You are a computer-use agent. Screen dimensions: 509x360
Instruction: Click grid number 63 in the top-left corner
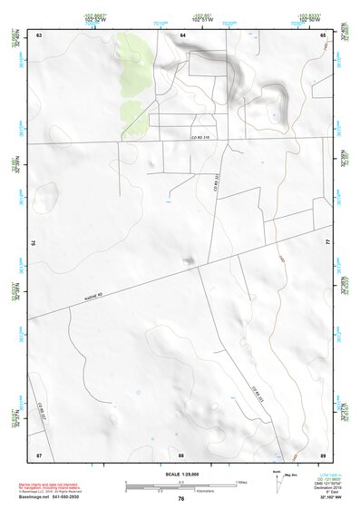pos(39,34)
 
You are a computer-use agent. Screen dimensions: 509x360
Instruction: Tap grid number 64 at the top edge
pos(182,34)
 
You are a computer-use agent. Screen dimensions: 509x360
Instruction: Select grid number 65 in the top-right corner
pos(324,34)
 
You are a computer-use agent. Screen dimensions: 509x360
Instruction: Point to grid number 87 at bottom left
pos(39,453)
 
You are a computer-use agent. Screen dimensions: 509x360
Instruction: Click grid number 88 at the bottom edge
pos(181,453)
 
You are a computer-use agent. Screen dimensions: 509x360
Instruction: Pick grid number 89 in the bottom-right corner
pos(324,453)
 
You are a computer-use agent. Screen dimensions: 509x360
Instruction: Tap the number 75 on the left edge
pos(34,243)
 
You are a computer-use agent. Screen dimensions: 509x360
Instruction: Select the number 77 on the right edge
pos(328,243)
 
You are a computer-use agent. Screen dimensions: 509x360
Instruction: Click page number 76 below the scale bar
pos(181,498)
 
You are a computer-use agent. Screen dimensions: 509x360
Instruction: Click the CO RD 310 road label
pos(189,137)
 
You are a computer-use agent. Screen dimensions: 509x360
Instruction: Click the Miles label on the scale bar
pos(241,481)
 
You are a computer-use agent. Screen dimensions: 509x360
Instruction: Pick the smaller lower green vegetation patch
pos(132,113)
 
